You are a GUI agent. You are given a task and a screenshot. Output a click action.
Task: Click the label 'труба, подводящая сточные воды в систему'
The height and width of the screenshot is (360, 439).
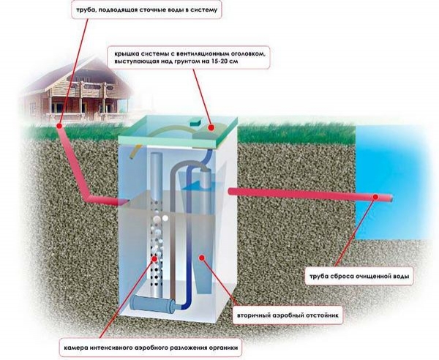tap(146, 12)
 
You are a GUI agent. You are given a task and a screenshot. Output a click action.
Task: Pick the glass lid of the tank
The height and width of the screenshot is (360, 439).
tap(176, 132)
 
